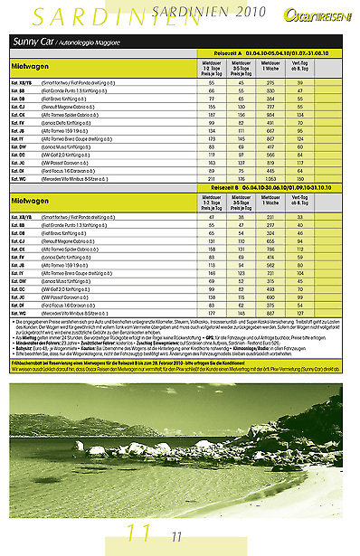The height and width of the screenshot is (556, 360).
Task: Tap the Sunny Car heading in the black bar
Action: [x=32, y=42]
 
